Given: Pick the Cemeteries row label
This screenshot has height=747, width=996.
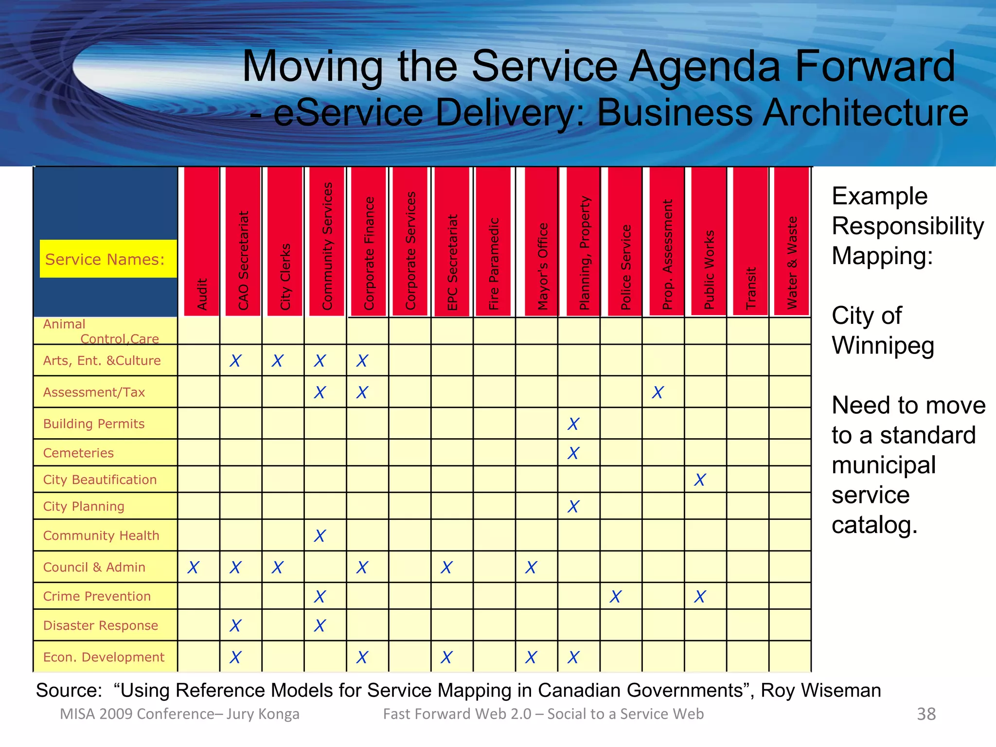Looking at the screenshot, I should pos(78,453).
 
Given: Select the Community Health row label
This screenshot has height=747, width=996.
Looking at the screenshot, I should pos(101,535).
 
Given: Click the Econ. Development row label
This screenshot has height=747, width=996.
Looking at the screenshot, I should pos(104,657).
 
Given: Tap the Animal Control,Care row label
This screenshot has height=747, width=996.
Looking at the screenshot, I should pos(101,331).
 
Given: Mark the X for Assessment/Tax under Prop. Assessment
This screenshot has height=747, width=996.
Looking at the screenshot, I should pos(658,392).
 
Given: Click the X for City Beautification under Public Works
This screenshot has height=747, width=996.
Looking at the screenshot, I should pos(700,480).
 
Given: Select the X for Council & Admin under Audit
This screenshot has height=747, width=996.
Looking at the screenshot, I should pos(194,568).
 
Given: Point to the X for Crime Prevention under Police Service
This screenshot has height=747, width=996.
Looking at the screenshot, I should pos(616,597).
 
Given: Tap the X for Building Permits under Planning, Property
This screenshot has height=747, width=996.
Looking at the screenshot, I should pos(574,424).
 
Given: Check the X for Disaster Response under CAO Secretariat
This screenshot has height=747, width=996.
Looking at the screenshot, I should pos(236,626).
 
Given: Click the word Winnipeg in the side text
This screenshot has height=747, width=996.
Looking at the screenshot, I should pos(883,345).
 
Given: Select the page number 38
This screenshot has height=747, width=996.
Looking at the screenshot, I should pos(926,714).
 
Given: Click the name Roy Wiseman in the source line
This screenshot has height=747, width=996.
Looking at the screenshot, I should pos(821,690).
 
